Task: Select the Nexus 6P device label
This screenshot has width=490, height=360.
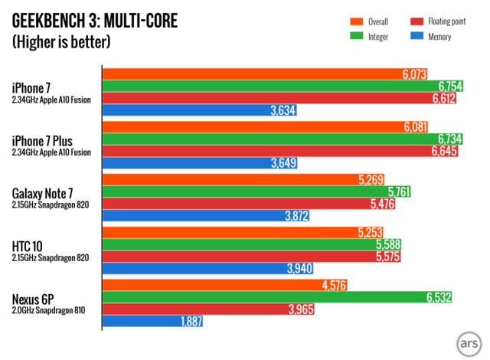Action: click(38, 297)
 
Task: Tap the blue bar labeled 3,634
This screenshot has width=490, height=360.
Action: click(199, 110)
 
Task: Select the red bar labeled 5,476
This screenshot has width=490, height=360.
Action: click(253, 205)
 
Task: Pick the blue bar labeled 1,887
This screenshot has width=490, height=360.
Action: click(153, 322)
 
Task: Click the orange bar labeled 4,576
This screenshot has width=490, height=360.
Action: click(222, 286)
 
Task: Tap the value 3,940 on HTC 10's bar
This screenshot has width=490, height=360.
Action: click(296, 269)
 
